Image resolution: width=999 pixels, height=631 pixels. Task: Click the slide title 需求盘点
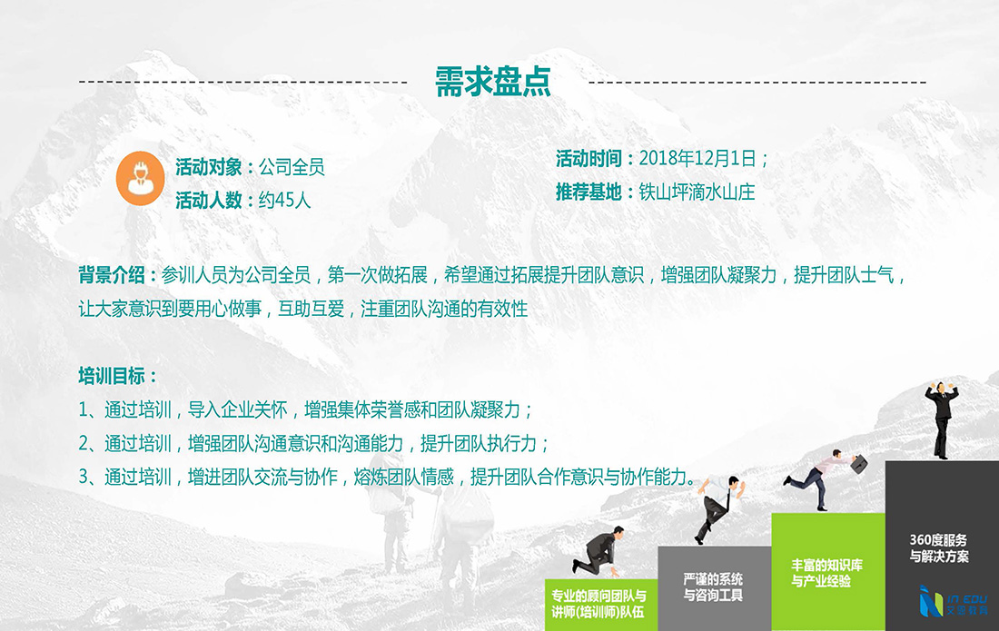492,82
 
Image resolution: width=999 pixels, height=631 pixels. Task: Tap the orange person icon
140,178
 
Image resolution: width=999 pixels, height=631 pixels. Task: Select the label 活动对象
208,167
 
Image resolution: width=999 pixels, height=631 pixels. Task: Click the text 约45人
285,201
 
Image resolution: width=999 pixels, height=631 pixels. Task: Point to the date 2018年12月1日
697,159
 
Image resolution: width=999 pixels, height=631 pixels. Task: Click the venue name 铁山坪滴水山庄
697,192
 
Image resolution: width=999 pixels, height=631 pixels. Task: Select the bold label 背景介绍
112,275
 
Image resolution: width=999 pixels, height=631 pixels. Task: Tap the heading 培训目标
112,376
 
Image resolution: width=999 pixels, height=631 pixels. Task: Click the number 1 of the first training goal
83,409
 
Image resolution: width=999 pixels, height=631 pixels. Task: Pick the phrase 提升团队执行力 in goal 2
479,443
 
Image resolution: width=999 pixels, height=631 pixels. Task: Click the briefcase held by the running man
859,464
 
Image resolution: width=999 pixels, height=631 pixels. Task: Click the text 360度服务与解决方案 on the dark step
938,548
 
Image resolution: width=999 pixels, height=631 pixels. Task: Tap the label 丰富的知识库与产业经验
827,572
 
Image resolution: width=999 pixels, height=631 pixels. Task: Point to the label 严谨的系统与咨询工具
713,587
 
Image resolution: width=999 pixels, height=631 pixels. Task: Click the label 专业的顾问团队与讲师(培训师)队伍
598,604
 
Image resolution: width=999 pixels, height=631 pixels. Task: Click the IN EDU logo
953,601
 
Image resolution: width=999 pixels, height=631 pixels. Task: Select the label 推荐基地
589,192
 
